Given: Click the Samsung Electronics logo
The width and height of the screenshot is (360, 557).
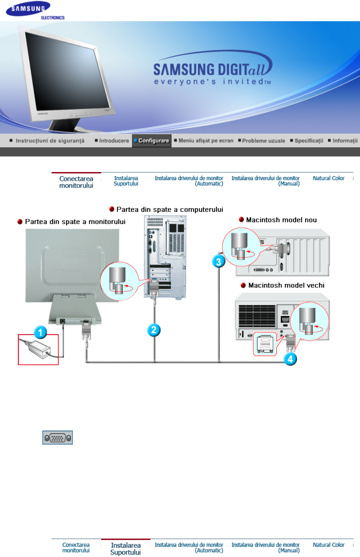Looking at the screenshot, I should pos(35,10).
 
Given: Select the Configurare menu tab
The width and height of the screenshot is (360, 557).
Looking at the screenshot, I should pos(152,140).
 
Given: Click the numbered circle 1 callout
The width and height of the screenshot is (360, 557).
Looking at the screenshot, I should pos(40,332).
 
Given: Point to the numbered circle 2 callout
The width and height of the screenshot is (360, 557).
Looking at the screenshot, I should pos(154,330).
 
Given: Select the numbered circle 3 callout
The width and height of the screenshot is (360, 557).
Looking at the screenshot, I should pos(218,262).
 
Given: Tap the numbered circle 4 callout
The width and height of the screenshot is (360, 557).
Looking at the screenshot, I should pos(290,359).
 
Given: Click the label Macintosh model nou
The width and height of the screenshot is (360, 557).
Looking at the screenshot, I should pos(281,220).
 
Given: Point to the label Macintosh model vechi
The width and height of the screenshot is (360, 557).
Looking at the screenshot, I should pos(286,285).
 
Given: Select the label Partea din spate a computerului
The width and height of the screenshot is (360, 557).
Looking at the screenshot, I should pos(170,209).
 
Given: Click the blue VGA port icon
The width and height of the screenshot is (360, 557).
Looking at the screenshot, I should pos(58,438).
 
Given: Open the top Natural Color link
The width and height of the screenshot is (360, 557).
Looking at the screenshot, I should pos(328,178).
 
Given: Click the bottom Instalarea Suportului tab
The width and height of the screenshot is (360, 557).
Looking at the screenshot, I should pos(126,548).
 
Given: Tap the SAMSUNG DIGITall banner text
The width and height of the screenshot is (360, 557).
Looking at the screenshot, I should pos(212,70).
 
